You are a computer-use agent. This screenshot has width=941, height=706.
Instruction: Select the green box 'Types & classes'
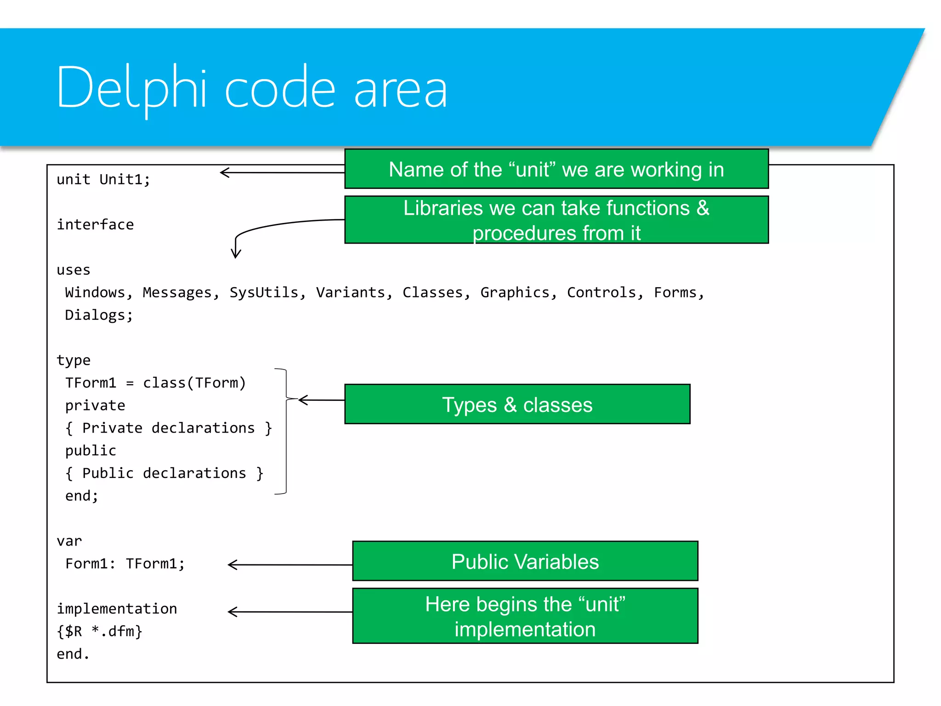517,404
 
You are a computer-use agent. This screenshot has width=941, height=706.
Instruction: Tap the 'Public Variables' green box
525,561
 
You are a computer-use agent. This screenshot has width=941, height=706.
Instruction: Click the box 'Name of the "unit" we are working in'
556,169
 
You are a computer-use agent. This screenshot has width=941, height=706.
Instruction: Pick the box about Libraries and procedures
556,220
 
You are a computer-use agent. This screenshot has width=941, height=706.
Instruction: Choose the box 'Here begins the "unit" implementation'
525,616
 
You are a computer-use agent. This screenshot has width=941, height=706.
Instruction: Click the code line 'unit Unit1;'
103,179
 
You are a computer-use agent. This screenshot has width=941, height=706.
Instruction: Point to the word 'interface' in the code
95,225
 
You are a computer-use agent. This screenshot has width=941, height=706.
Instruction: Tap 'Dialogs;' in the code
99,315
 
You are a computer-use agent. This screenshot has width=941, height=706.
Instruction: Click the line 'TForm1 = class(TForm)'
155,383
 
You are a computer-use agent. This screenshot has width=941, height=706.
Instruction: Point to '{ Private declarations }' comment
169,428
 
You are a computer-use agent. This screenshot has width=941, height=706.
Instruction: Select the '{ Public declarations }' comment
164,473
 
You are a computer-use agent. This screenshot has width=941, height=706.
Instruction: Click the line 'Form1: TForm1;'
125,564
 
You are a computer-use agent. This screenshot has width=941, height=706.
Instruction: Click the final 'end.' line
73,654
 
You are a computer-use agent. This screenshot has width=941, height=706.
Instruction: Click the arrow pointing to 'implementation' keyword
289,612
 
